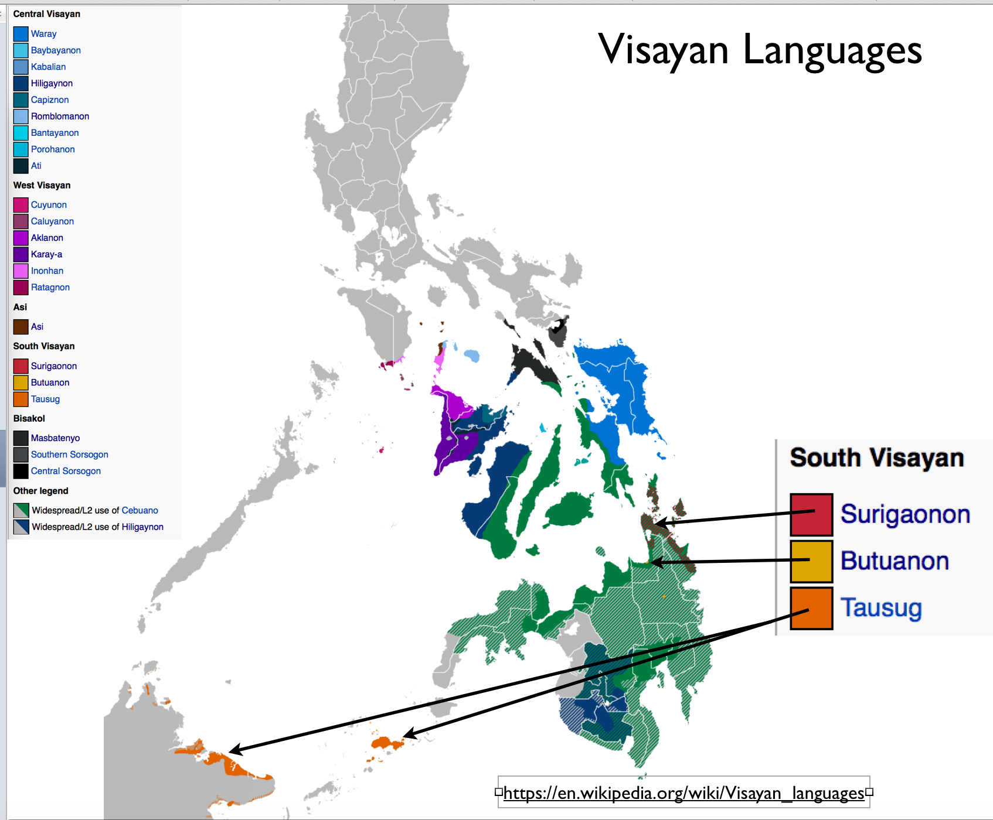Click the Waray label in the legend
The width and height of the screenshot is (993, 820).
coord(43,34)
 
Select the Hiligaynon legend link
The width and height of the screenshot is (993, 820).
coord(52,83)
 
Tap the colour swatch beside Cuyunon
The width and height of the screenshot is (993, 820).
coord(21,205)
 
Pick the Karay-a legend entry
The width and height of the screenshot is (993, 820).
coord(46,254)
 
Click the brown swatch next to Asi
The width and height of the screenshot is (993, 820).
coord(21,327)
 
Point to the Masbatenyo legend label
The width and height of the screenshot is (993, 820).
coord(55,438)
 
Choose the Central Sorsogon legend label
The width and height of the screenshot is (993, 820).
coord(66,471)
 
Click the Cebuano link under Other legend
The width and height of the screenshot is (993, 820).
coord(140,511)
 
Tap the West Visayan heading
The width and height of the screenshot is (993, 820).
coord(42,185)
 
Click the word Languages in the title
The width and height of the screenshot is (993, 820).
coord(832,50)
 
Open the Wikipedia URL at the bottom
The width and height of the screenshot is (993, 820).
coord(683,793)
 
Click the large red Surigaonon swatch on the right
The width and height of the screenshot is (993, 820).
coord(811,515)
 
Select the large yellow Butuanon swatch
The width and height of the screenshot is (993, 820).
coord(811,561)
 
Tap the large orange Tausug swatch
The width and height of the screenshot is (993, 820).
coord(811,608)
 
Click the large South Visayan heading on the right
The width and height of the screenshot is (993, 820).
coord(876,457)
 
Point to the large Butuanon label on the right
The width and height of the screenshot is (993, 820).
coord(895,561)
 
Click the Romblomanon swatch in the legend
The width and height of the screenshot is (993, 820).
coord(21,117)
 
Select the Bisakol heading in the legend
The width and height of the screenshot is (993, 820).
coord(29,418)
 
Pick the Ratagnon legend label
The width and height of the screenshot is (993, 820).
coord(50,288)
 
